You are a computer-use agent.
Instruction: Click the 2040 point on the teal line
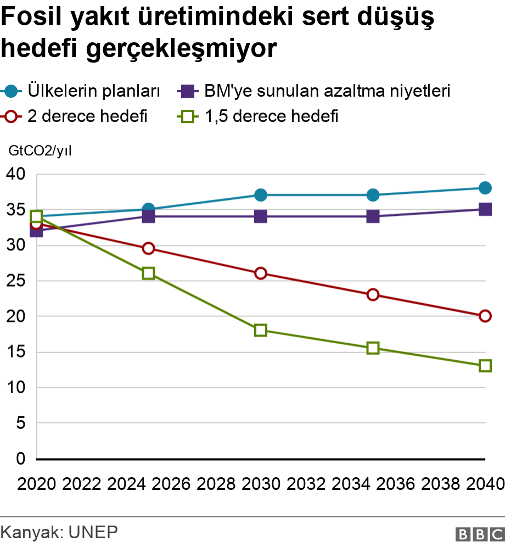point(485,188)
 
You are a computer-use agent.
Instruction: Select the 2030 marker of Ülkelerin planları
point(261,195)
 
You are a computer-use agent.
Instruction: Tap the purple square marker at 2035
point(373,216)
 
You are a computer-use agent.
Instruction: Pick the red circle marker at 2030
point(261,273)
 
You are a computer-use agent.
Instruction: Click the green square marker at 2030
point(261,330)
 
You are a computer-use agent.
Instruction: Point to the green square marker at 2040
point(485,366)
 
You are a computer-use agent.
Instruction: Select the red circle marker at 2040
point(485,316)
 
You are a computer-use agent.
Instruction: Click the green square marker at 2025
point(148,273)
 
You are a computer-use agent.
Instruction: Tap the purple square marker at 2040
point(485,209)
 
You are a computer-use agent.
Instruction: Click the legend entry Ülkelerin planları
point(93,91)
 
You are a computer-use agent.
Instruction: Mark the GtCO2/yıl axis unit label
point(40,150)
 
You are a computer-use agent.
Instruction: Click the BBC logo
point(479,534)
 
